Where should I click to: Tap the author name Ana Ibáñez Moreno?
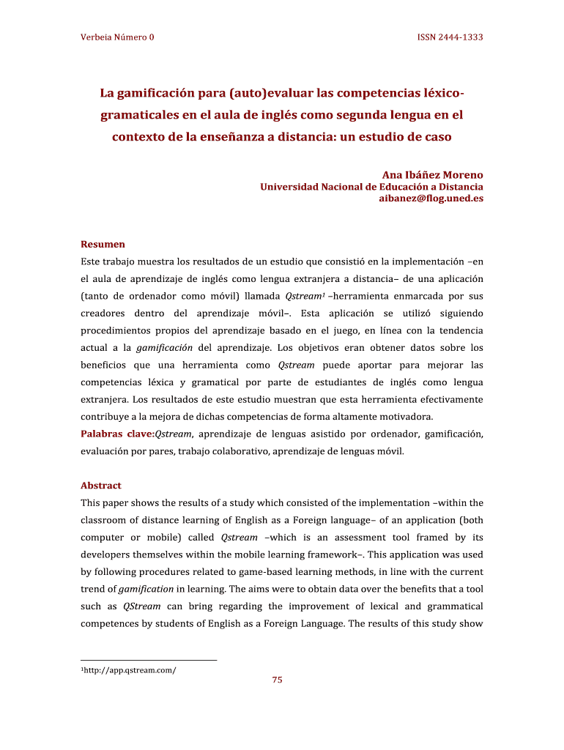tap(433, 175)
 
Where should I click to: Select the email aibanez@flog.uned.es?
tap(431, 198)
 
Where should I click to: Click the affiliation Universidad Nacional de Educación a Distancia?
tap(372, 187)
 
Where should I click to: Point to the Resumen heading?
tap(103, 244)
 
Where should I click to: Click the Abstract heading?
tap(101, 486)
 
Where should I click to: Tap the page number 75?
tap(277, 680)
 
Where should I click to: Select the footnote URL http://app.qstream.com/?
tap(130, 670)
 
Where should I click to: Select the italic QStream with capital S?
tap(138, 606)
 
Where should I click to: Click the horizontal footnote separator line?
tap(149, 661)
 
